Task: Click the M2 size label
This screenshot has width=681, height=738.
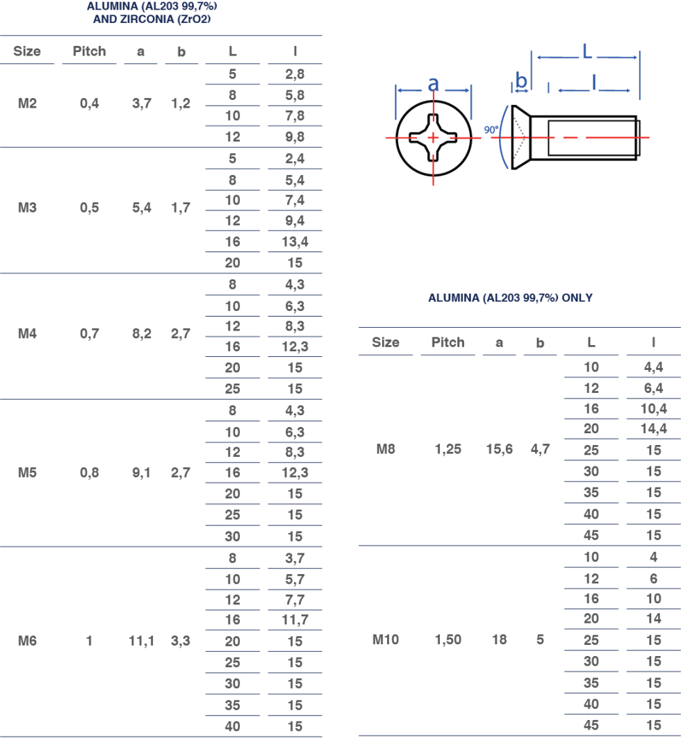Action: tap(27, 103)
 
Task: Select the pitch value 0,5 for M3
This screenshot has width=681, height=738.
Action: tap(90, 208)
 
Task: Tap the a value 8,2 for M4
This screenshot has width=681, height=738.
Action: tap(142, 334)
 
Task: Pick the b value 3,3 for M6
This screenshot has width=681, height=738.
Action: tap(181, 641)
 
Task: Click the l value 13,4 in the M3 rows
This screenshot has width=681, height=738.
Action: tap(295, 242)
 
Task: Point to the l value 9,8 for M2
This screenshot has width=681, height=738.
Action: tap(295, 137)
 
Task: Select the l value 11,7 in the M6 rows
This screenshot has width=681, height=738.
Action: tap(295, 620)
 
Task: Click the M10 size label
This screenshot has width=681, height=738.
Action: tap(386, 639)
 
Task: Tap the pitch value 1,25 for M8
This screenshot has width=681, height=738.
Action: tap(448, 449)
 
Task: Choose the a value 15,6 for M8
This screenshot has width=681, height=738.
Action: tap(499, 449)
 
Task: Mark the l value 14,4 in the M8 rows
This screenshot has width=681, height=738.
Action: tap(653, 428)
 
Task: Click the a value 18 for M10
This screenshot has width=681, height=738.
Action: tap(499, 639)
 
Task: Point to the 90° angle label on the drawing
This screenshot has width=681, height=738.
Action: tap(491, 129)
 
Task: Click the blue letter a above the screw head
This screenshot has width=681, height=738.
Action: tap(434, 84)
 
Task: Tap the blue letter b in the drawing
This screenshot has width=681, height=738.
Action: tap(521, 80)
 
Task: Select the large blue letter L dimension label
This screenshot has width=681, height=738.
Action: tap(586, 51)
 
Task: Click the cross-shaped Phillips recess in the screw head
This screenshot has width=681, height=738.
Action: tap(433, 138)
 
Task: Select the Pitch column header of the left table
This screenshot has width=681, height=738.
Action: tap(89, 51)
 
